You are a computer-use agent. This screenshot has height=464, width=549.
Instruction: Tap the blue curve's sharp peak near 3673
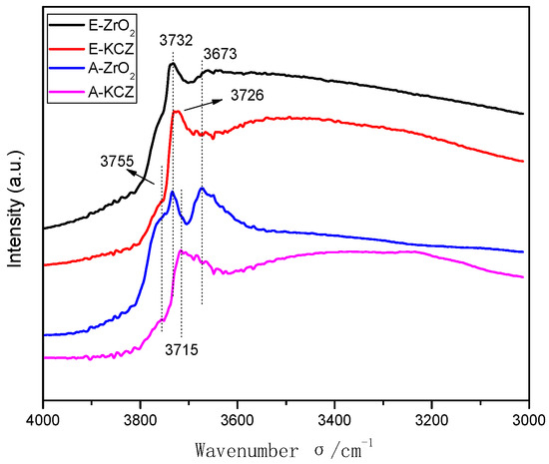tap(202, 188)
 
